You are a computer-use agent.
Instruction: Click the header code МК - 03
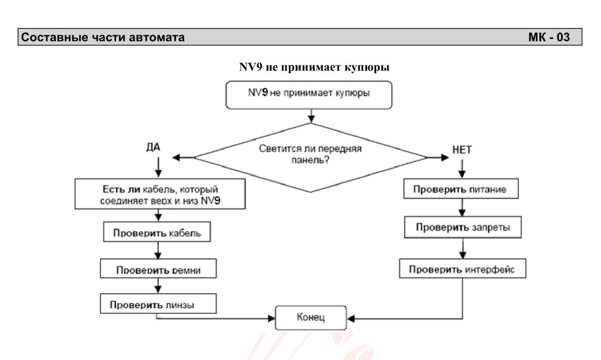549,37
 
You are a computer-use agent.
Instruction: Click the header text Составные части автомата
103,37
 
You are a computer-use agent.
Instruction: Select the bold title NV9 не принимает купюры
314,67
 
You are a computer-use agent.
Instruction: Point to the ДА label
153,147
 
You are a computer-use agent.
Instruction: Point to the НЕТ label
462,150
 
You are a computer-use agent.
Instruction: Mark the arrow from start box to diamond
311,116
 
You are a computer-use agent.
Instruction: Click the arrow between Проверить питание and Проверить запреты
462,207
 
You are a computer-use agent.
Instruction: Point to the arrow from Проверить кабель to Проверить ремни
158,250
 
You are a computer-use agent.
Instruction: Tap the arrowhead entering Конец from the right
351,318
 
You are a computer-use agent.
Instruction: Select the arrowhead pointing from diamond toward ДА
176,157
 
